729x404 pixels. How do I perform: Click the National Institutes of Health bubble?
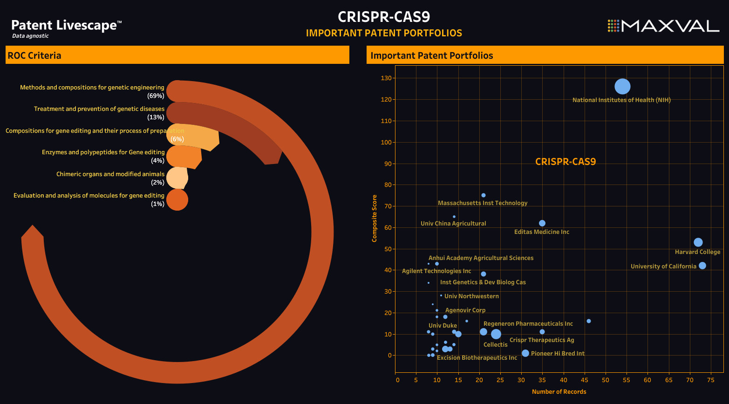click(622, 86)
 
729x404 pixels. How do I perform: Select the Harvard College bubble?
click(698, 242)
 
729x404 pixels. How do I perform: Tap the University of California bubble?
click(702, 266)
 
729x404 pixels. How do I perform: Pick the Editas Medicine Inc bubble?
click(542, 223)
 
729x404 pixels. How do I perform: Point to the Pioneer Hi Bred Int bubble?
click(525, 353)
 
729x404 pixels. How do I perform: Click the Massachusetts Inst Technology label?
click(483, 203)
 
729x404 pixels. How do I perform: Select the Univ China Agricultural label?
click(453, 224)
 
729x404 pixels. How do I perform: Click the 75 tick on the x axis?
click(710, 380)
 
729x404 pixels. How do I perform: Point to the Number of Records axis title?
click(559, 392)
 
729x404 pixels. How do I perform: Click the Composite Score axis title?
click(375, 219)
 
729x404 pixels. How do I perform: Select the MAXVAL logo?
click(663, 26)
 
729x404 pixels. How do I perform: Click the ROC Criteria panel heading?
click(34, 55)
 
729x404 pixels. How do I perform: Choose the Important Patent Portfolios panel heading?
click(431, 55)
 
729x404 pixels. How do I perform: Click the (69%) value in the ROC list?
click(156, 96)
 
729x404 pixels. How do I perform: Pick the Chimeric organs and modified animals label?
click(110, 174)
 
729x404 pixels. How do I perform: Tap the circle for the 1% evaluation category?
click(177, 199)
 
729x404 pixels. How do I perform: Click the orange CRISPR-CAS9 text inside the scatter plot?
click(565, 162)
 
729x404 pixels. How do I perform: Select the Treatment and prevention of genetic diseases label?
click(99, 109)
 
